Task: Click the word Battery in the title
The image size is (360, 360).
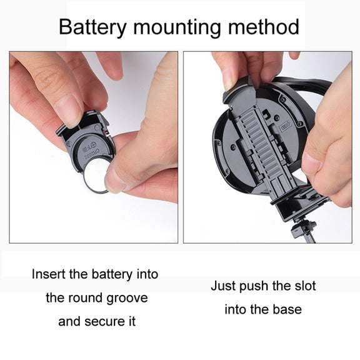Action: tap(92, 27)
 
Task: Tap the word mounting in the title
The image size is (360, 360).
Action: tap(177, 28)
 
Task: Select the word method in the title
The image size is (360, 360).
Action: tap(264, 27)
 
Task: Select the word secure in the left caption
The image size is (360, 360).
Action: tap(105, 321)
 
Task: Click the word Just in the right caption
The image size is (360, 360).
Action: tap(223, 286)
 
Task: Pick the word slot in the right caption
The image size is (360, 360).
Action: tap(304, 286)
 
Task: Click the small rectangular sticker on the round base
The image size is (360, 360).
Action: tap(285, 126)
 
